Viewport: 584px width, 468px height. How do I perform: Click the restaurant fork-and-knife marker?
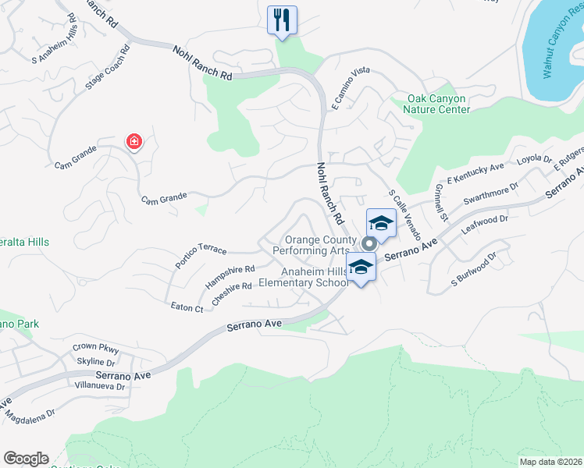point(282,19)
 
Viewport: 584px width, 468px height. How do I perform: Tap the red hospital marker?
point(134,142)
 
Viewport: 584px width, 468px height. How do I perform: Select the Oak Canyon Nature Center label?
point(436,105)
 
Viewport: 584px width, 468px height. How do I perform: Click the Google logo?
point(26,459)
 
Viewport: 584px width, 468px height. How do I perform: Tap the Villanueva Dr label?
point(98,385)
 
